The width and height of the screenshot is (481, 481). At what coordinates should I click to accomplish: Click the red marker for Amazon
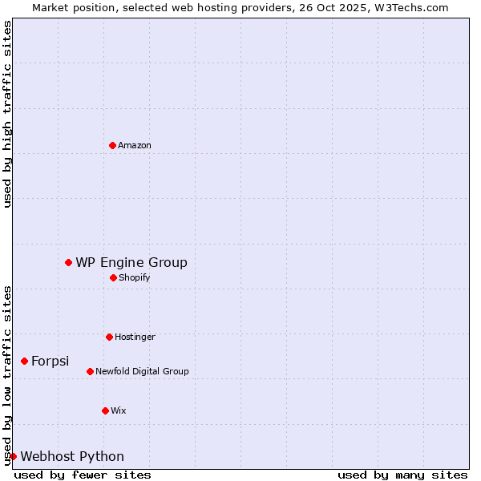pyautogui.click(x=112, y=145)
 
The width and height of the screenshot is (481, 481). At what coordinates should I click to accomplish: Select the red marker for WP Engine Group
pyautogui.click(x=69, y=262)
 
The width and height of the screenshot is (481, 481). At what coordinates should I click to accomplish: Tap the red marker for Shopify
pyautogui.click(x=113, y=277)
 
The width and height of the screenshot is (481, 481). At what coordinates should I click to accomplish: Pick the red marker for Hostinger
pyautogui.click(x=109, y=337)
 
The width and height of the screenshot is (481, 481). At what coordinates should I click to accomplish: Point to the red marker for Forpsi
pyautogui.click(x=24, y=361)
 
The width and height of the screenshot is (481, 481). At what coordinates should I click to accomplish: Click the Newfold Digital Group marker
pyautogui.click(x=90, y=371)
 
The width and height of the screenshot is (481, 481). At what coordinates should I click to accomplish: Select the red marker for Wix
pyautogui.click(x=105, y=410)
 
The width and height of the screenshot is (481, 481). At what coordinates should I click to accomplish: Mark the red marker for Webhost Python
pyautogui.click(x=13, y=456)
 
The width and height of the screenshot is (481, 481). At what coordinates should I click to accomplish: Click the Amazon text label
pyautogui.click(x=135, y=145)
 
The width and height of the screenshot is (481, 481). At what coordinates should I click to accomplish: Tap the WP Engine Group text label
pyautogui.click(x=131, y=262)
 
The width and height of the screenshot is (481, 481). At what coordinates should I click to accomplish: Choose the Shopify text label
pyautogui.click(x=134, y=277)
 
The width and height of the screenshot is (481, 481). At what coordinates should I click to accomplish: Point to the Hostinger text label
pyautogui.click(x=135, y=337)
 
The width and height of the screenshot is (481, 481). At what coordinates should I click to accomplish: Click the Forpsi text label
pyautogui.click(x=50, y=361)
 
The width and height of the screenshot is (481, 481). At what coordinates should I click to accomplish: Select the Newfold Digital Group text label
pyautogui.click(x=142, y=371)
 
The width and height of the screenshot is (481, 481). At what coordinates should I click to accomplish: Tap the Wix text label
pyautogui.click(x=118, y=410)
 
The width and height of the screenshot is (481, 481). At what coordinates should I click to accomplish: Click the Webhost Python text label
pyautogui.click(x=72, y=456)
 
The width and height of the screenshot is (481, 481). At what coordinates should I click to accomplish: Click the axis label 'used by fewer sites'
pyautogui.click(x=83, y=475)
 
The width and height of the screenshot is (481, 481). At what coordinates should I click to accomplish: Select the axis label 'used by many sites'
pyautogui.click(x=402, y=475)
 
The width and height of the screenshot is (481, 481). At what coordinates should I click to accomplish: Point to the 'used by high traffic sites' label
pyautogui.click(x=7, y=114)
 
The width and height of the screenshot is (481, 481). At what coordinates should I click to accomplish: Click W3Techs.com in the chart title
pyautogui.click(x=409, y=7)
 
